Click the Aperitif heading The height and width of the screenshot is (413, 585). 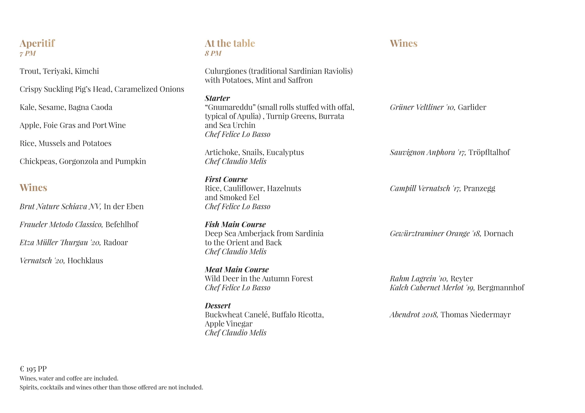37,44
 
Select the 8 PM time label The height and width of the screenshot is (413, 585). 213,53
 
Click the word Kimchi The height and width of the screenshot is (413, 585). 87,71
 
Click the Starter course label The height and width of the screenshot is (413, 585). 217,98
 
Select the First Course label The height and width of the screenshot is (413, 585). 226,179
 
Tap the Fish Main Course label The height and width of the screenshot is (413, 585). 235,225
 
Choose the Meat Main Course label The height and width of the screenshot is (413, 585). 237,269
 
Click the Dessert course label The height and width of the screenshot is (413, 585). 218,306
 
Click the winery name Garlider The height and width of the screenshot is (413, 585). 472,107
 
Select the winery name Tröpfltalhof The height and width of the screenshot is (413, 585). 489,152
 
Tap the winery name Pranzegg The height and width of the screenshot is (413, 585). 479,188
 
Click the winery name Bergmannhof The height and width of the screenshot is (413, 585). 501,288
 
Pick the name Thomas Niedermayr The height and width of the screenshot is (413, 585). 476,315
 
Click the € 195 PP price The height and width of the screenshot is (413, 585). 33,369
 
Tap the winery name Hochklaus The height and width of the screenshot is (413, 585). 85,261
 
